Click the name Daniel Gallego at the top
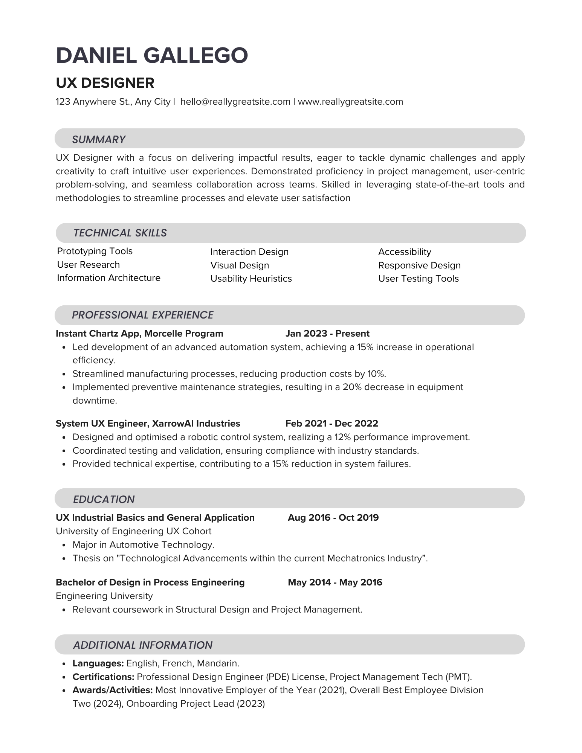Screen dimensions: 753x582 tap(152, 55)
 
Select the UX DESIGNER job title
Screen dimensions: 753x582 tap(105, 83)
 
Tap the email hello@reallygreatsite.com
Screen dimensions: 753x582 tap(235, 102)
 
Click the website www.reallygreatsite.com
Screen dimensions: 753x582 tap(350, 102)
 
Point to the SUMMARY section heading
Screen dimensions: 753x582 tap(99, 139)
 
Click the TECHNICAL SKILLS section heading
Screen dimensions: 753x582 tap(120, 233)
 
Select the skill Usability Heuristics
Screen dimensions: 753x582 tap(251, 279)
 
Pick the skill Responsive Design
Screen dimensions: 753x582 tap(419, 265)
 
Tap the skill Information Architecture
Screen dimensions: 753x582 tap(108, 278)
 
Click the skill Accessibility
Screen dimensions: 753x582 tap(405, 252)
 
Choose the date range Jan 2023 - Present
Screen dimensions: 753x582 tap(327, 334)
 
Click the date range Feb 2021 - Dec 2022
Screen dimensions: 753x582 tap(331, 424)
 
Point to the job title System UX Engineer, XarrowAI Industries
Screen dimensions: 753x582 tap(148, 424)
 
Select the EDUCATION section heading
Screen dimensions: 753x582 tap(104, 499)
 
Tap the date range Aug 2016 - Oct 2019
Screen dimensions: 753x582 tap(333, 518)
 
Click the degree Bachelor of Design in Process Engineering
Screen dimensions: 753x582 tap(150, 582)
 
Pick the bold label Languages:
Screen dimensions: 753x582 tap(98, 663)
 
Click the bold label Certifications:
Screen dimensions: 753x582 tap(103, 677)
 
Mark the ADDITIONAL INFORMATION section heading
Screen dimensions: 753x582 tap(143, 645)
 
